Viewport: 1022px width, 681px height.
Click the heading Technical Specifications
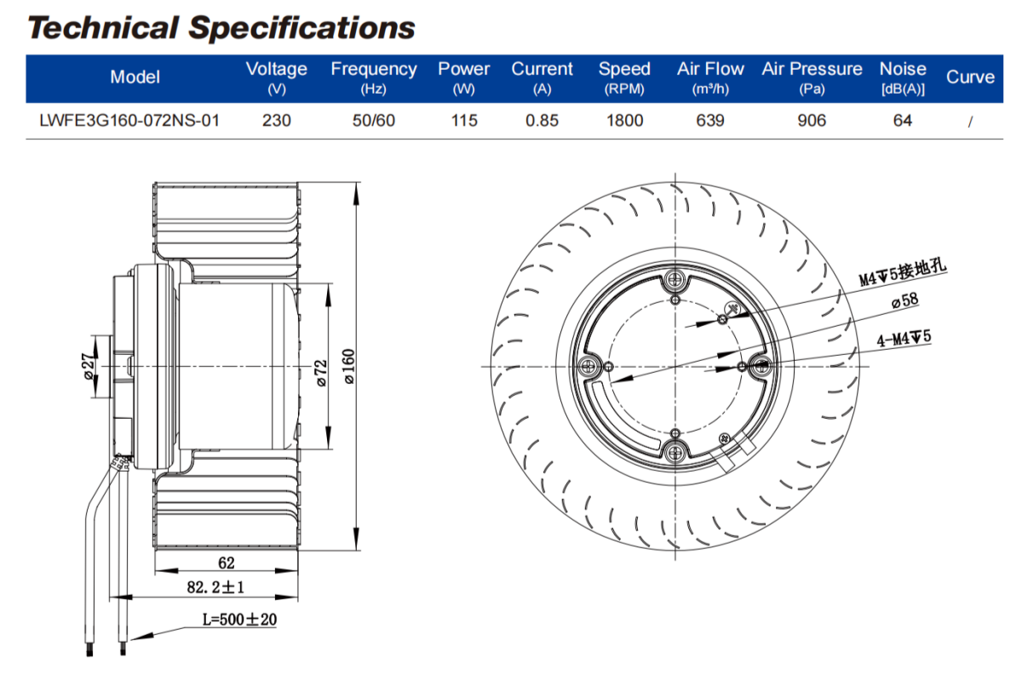[x=221, y=27]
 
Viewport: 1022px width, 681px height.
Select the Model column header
[x=135, y=77]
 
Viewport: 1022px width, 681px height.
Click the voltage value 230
[x=276, y=121]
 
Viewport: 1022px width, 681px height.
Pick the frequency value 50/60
[x=374, y=121]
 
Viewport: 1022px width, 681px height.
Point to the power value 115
[x=464, y=121]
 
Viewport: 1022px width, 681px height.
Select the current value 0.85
[x=542, y=121]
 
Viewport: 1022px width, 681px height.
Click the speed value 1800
[x=624, y=121]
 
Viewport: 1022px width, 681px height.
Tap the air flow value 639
[x=710, y=121]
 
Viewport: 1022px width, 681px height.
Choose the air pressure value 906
[x=812, y=121]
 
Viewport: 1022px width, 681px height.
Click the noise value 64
[x=903, y=121]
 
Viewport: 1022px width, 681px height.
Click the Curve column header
[x=970, y=77]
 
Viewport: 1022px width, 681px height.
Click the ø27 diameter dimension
[x=89, y=367]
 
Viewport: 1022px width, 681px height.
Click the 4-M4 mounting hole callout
[x=904, y=339]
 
